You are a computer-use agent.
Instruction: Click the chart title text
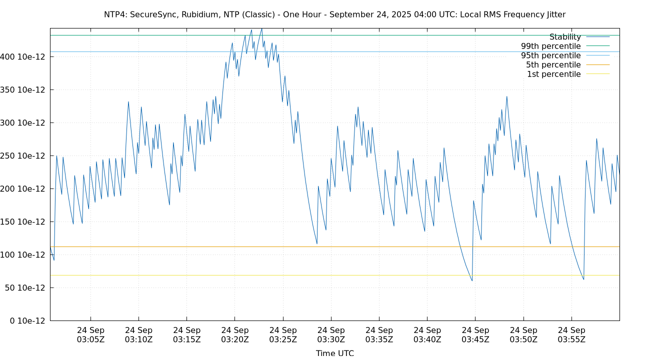point(334,14)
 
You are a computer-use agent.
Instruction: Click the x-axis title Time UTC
point(334,353)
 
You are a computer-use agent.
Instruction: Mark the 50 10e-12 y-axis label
point(25,288)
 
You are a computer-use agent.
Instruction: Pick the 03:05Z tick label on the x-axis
point(90,334)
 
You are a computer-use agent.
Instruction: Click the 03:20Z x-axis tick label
point(234,334)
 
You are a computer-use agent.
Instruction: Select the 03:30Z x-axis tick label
point(331,334)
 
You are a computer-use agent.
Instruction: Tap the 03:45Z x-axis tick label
point(475,334)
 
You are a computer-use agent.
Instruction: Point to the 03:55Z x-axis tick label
point(571,334)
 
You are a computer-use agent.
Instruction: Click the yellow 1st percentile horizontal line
point(300,275)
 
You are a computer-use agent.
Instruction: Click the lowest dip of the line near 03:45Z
point(471,280)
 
